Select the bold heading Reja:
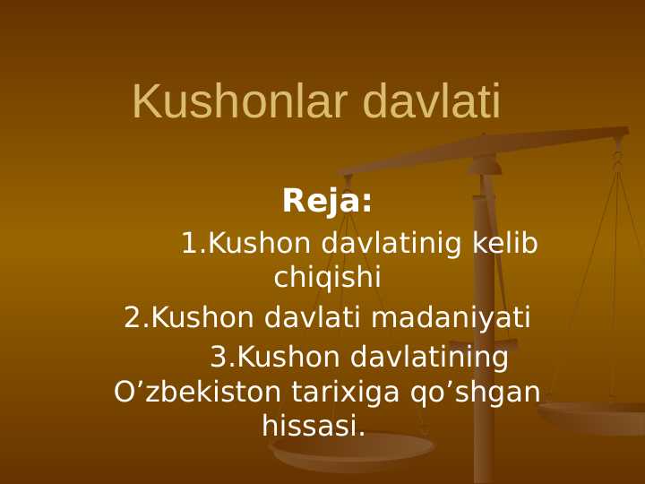(327, 201)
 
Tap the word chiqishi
(327, 278)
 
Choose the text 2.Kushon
(189, 317)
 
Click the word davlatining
(429, 358)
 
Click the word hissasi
(314, 426)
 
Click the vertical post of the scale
(484, 359)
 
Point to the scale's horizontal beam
(502, 147)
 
